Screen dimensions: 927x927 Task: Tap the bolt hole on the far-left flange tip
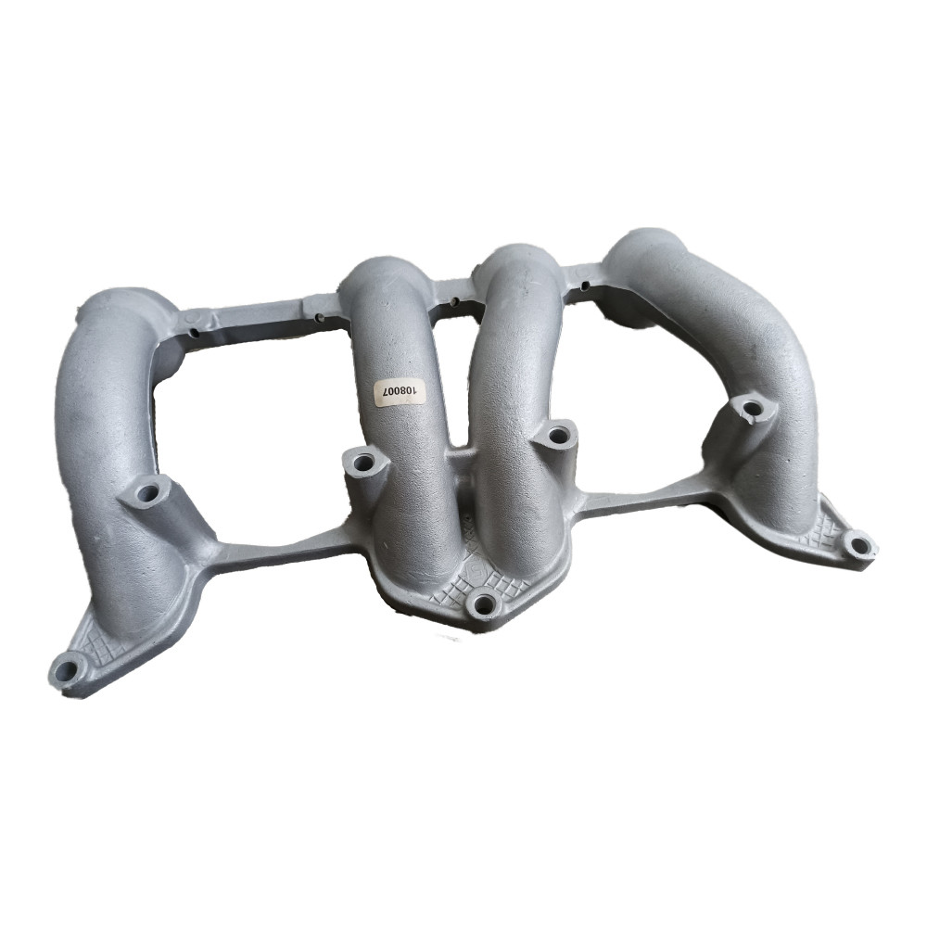click(66, 669)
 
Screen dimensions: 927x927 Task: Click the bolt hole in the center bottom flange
click(484, 603)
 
